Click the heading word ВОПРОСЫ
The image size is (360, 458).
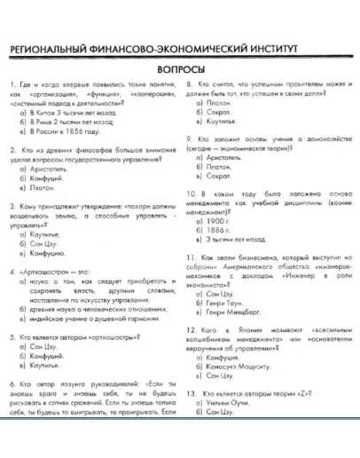tap(179, 69)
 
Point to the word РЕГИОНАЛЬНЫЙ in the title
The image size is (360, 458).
tap(59, 49)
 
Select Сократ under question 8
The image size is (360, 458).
tap(218, 115)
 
